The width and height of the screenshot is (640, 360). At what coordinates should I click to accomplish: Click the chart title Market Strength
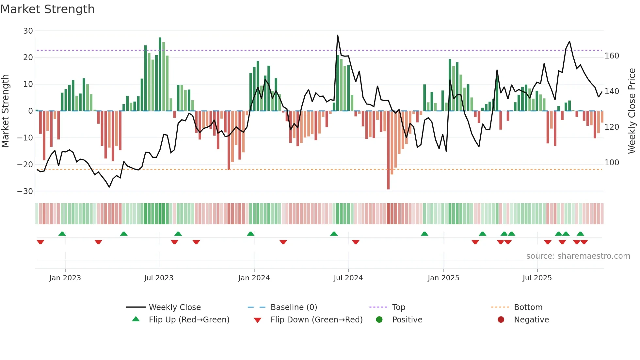click(48, 9)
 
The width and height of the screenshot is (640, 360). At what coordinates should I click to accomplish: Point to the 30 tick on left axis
click(28, 31)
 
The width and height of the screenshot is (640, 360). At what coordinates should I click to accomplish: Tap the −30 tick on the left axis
click(25, 191)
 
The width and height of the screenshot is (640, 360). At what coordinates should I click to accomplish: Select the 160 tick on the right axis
click(612, 56)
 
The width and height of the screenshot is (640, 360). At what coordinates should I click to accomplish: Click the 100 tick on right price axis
click(612, 163)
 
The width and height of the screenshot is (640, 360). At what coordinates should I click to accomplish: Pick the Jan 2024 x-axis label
click(254, 278)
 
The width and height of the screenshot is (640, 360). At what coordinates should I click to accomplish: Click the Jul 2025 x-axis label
click(537, 278)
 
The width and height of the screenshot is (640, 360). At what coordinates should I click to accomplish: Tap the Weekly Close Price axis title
click(632, 111)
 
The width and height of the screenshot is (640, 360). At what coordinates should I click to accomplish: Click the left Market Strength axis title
click(5, 111)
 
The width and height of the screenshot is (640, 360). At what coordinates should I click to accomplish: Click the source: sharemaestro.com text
click(578, 256)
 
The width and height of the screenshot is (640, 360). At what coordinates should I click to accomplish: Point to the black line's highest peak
click(338, 35)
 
